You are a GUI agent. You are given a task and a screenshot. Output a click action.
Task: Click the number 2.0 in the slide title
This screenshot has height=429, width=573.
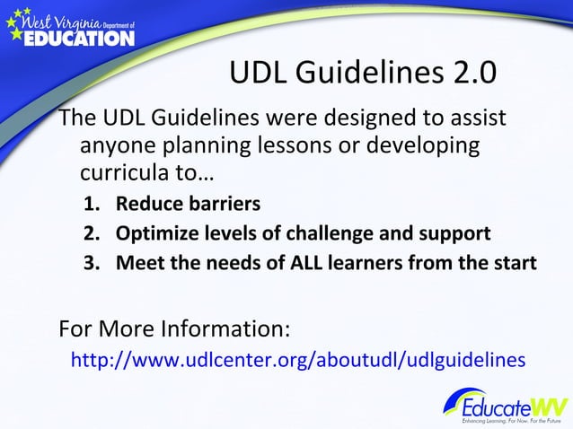pos(472,74)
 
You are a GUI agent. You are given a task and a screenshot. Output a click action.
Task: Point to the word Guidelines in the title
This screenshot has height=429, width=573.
pos(372,74)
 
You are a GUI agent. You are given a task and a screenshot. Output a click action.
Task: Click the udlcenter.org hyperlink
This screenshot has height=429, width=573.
pos(297,360)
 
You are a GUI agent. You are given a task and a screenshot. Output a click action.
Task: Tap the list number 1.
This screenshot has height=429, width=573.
pos(92,204)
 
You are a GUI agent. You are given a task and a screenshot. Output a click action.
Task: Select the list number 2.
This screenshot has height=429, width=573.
pos(92,234)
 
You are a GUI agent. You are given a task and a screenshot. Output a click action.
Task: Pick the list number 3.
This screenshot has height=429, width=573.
pos(92,264)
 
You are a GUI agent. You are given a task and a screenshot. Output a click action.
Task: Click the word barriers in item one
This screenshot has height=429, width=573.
pos(225,204)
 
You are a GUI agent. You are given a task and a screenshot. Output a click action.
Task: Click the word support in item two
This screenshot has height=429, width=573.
pos(456,234)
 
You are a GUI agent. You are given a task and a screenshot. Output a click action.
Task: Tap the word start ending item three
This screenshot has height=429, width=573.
pos(513,264)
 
